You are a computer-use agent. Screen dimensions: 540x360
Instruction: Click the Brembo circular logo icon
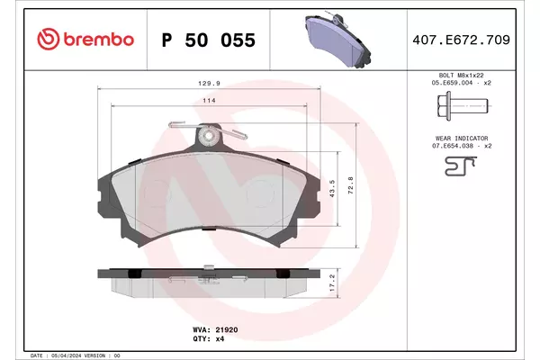(x=49, y=39)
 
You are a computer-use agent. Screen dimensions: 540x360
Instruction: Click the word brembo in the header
(x=98, y=40)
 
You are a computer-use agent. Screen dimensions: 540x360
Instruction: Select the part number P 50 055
(x=209, y=40)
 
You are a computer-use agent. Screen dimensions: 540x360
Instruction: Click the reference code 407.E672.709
(x=461, y=40)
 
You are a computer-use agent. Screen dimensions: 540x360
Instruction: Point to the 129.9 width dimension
(x=209, y=84)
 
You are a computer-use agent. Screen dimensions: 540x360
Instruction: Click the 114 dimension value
(x=209, y=101)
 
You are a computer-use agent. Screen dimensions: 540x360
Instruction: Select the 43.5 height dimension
(x=332, y=188)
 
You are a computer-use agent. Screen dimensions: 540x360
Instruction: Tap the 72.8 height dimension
(x=351, y=185)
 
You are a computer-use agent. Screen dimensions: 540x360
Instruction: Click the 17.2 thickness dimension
(x=332, y=283)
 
